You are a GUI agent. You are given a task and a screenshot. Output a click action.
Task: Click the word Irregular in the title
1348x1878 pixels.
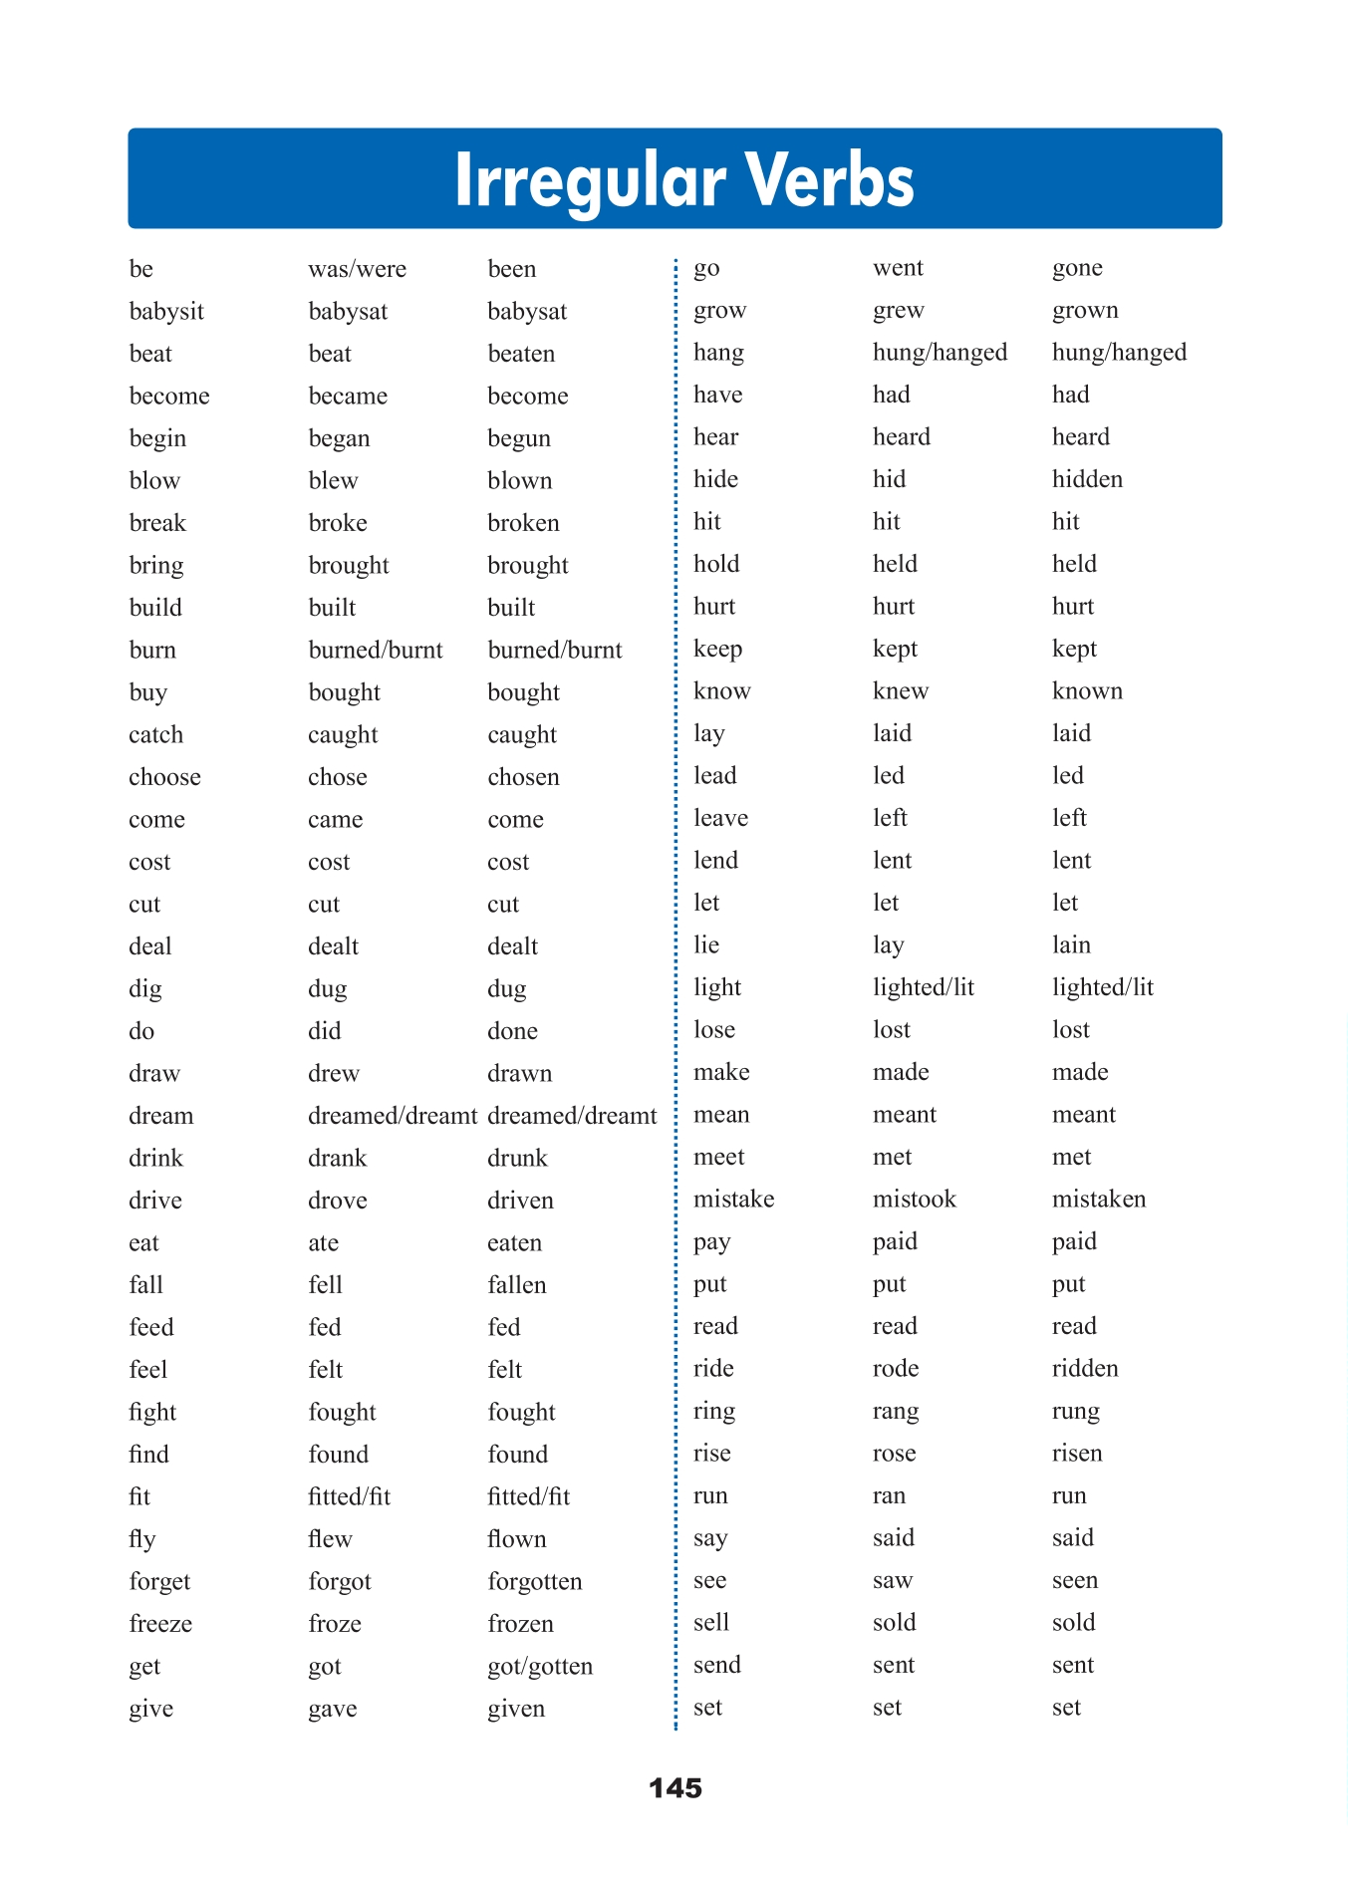click(590, 181)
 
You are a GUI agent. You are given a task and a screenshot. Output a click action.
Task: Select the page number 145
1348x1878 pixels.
click(674, 1787)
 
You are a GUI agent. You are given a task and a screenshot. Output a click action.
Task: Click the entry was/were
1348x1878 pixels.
click(357, 269)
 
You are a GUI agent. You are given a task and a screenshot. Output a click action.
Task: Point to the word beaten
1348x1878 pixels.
click(520, 354)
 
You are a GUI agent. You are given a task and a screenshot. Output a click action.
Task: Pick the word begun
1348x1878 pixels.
click(518, 438)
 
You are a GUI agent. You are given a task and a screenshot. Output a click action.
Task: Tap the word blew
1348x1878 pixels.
click(333, 480)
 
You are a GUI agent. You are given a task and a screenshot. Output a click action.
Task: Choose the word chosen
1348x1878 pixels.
click(523, 777)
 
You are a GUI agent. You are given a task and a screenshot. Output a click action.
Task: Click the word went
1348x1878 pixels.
click(898, 268)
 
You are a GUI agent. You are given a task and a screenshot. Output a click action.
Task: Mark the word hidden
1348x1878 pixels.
click(1087, 479)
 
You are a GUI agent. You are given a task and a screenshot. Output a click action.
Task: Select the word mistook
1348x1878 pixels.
click(914, 1199)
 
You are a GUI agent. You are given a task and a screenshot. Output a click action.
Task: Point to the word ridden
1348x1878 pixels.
click(1085, 1368)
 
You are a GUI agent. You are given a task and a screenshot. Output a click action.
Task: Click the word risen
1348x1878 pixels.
click(1077, 1453)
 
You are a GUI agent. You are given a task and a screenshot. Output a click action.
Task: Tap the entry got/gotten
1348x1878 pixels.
click(540, 1666)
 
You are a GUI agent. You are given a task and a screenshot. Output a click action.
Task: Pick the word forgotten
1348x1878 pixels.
click(534, 1581)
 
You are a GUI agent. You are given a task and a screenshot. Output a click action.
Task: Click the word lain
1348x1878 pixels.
click(1071, 944)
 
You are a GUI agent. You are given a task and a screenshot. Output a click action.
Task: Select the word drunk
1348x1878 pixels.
click(517, 1158)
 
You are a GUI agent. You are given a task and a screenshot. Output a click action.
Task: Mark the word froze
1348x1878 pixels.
click(335, 1624)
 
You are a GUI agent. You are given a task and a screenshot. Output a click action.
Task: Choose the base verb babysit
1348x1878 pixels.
click(166, 311)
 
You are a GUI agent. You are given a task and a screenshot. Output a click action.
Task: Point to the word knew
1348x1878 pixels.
click(900, 690)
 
